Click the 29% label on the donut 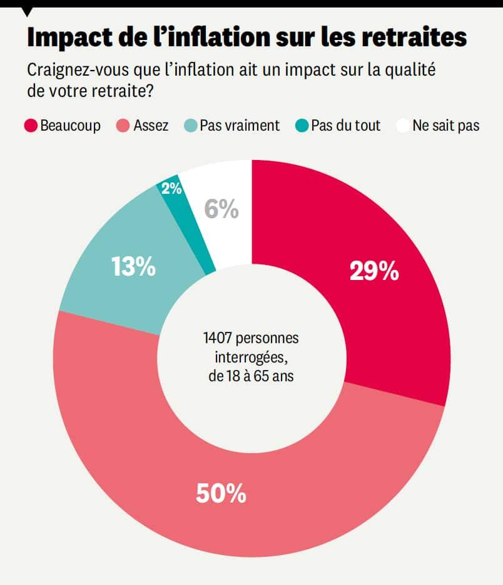373,272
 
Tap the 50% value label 221,494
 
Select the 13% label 133,267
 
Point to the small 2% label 171,188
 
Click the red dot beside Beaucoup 31,126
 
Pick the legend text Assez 151,126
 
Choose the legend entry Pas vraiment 240,126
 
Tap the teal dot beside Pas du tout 302,126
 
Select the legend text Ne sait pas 446,126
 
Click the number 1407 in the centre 218,339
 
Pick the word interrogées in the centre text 251,358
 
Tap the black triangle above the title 27,11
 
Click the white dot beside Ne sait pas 404,126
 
